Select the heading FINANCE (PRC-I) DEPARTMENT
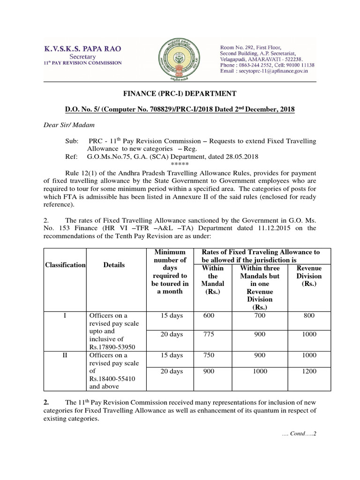(x=180, y=94)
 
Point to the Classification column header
(x=65, y=265)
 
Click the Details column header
(x=114, y=265)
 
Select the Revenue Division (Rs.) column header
(x=309, y=276)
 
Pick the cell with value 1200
(x=309, y=371)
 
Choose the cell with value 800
(x=309, y=316)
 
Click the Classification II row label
(x=66, y=355)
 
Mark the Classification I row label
(x=66, y=316)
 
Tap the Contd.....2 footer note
(x=300, y=433)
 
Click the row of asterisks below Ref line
(x=180, y=164)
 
